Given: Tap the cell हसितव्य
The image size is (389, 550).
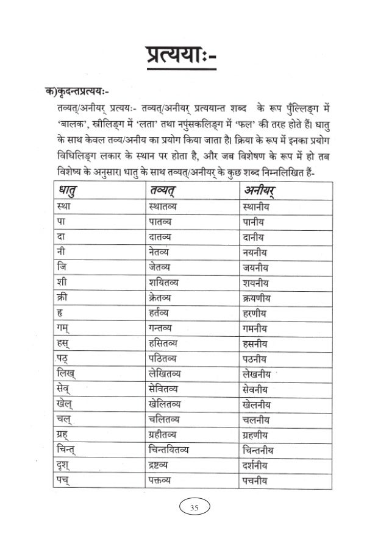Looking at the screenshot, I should tap(166, 342).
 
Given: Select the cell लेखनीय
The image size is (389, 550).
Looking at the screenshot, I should tap(252, 372).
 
